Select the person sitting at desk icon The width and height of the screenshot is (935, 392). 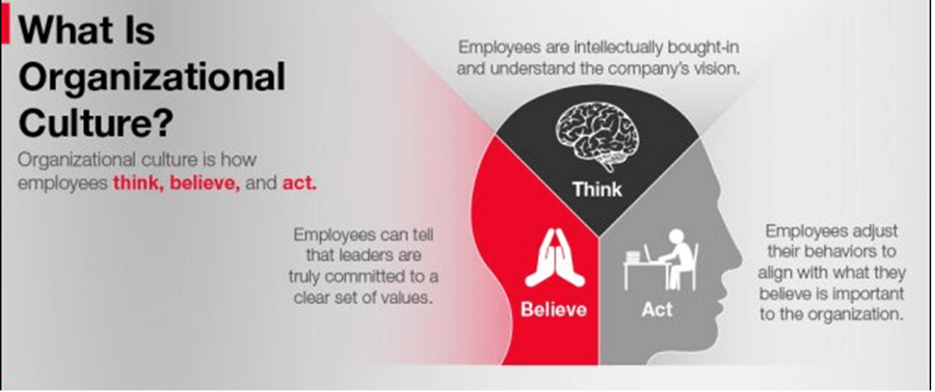click(x=660, y=258)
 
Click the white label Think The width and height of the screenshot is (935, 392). click(x=597, y=189)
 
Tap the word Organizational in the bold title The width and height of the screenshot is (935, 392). click(x=152, y=77)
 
